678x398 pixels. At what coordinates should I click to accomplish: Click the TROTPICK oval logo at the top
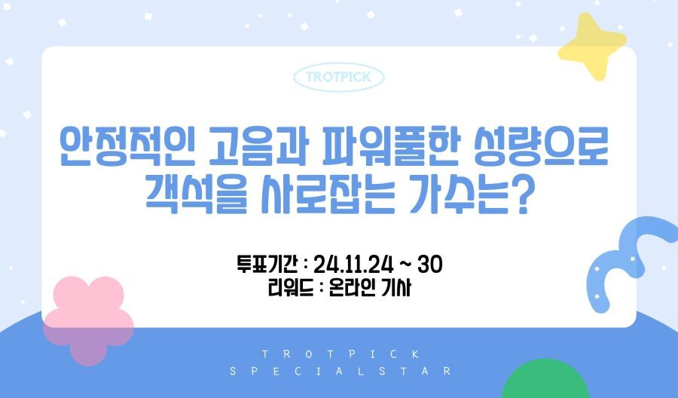coord(339,78)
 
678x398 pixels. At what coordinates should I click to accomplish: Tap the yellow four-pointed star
coord(591,46)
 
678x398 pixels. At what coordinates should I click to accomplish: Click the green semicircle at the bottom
coord(545,381)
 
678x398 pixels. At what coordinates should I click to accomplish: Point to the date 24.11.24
coord(353,265)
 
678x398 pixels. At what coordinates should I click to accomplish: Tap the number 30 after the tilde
coord(430,264)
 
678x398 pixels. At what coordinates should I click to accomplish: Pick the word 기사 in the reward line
coord(396,288)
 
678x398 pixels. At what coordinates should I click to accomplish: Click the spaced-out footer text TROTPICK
coord(341,354)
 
